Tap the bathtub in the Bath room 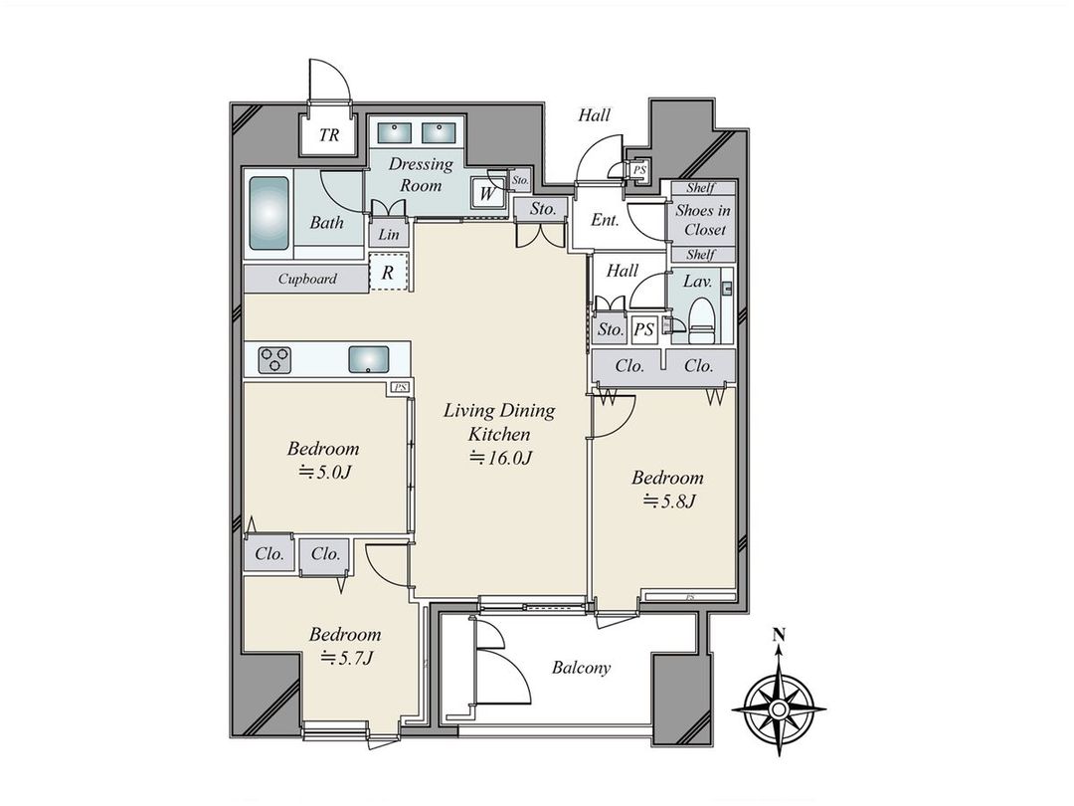click(x=268, y=214)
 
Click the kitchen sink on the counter click(x=370, y=359)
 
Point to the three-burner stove click(x=273, y=359)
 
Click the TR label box click(x=329, y=136)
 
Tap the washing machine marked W click(x=486, y=194)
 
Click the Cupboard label click(x=306, y=280)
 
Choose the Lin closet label click(x=388, y=236)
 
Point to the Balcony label click(x=582, y=668)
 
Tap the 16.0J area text click(x=501, y=458)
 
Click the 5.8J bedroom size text click(x=667, y=501)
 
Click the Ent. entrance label click(x=606, y=221)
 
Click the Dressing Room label click(x=420, y=175)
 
